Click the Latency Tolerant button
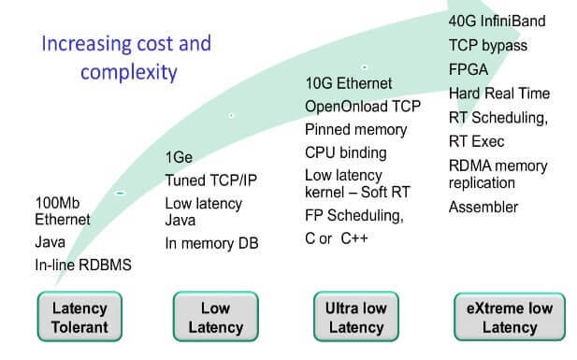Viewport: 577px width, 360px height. point(79,318)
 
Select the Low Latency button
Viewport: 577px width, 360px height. point(215,318)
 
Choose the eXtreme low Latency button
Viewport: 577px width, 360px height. point(510,318)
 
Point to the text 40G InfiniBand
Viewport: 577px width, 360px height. point(497,21)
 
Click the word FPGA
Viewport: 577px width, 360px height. point(468,69)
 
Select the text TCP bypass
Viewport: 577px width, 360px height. point(487,45)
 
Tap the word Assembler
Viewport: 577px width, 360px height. point(483,207)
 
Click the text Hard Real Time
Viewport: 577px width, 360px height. point(498,94)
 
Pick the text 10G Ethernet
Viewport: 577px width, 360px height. point(348,83)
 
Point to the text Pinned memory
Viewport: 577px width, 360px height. point(355,129)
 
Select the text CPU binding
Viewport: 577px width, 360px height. point(345,152)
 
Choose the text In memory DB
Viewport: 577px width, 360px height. point(210,244)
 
